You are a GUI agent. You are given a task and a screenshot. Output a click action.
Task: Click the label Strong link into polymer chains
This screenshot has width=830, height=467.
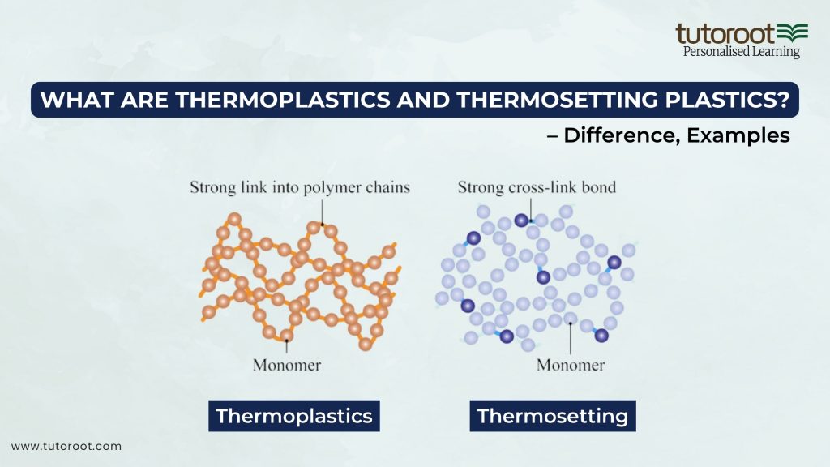tap(300, 187)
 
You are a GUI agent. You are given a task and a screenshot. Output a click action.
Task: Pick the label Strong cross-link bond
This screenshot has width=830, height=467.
tap(537, 187)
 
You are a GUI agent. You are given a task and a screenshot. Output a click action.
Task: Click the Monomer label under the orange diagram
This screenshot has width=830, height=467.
tap(286, 365)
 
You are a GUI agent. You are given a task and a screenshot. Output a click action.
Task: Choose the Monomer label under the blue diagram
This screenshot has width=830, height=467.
tap(571, 365)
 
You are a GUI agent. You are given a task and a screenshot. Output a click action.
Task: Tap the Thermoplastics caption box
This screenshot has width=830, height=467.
tap(293, 417)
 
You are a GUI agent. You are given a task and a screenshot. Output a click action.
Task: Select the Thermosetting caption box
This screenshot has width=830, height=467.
tap(553, 417)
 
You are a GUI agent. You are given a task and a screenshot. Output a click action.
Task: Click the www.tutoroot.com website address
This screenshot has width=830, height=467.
tap(66, 446)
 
